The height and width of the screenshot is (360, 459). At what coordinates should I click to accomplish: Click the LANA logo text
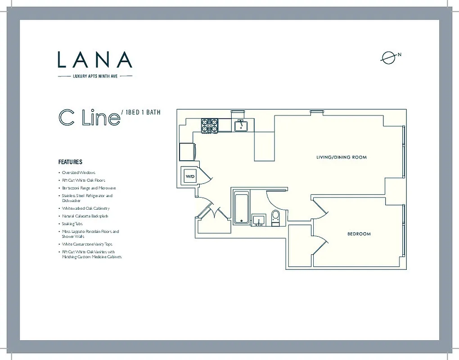coord(95,59)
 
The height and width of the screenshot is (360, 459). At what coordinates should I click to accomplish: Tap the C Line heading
coord(89,117)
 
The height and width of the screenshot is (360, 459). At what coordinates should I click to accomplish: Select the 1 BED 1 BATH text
coord(141,112)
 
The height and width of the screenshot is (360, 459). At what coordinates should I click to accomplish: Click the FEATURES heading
coord(70,162)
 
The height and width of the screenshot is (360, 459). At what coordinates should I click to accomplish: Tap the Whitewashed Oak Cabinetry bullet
coord(85,208)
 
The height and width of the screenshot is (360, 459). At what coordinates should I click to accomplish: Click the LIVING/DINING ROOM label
coord(342,157)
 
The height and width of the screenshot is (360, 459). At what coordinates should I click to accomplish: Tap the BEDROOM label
coord(359,234)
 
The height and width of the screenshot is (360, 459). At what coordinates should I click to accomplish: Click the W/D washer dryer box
coord(189,176)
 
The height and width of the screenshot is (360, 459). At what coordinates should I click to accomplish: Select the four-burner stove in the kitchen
coord(209,125)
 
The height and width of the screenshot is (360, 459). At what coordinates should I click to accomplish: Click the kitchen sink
coord(242,125)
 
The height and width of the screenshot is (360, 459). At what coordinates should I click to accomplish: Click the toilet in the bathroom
coord(276,217)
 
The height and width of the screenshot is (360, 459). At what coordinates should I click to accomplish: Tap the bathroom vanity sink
coord(259,220)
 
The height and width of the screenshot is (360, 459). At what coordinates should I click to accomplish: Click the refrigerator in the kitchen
coord(187,152)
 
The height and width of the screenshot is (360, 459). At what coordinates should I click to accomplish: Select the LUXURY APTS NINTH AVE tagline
coord(95,76)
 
